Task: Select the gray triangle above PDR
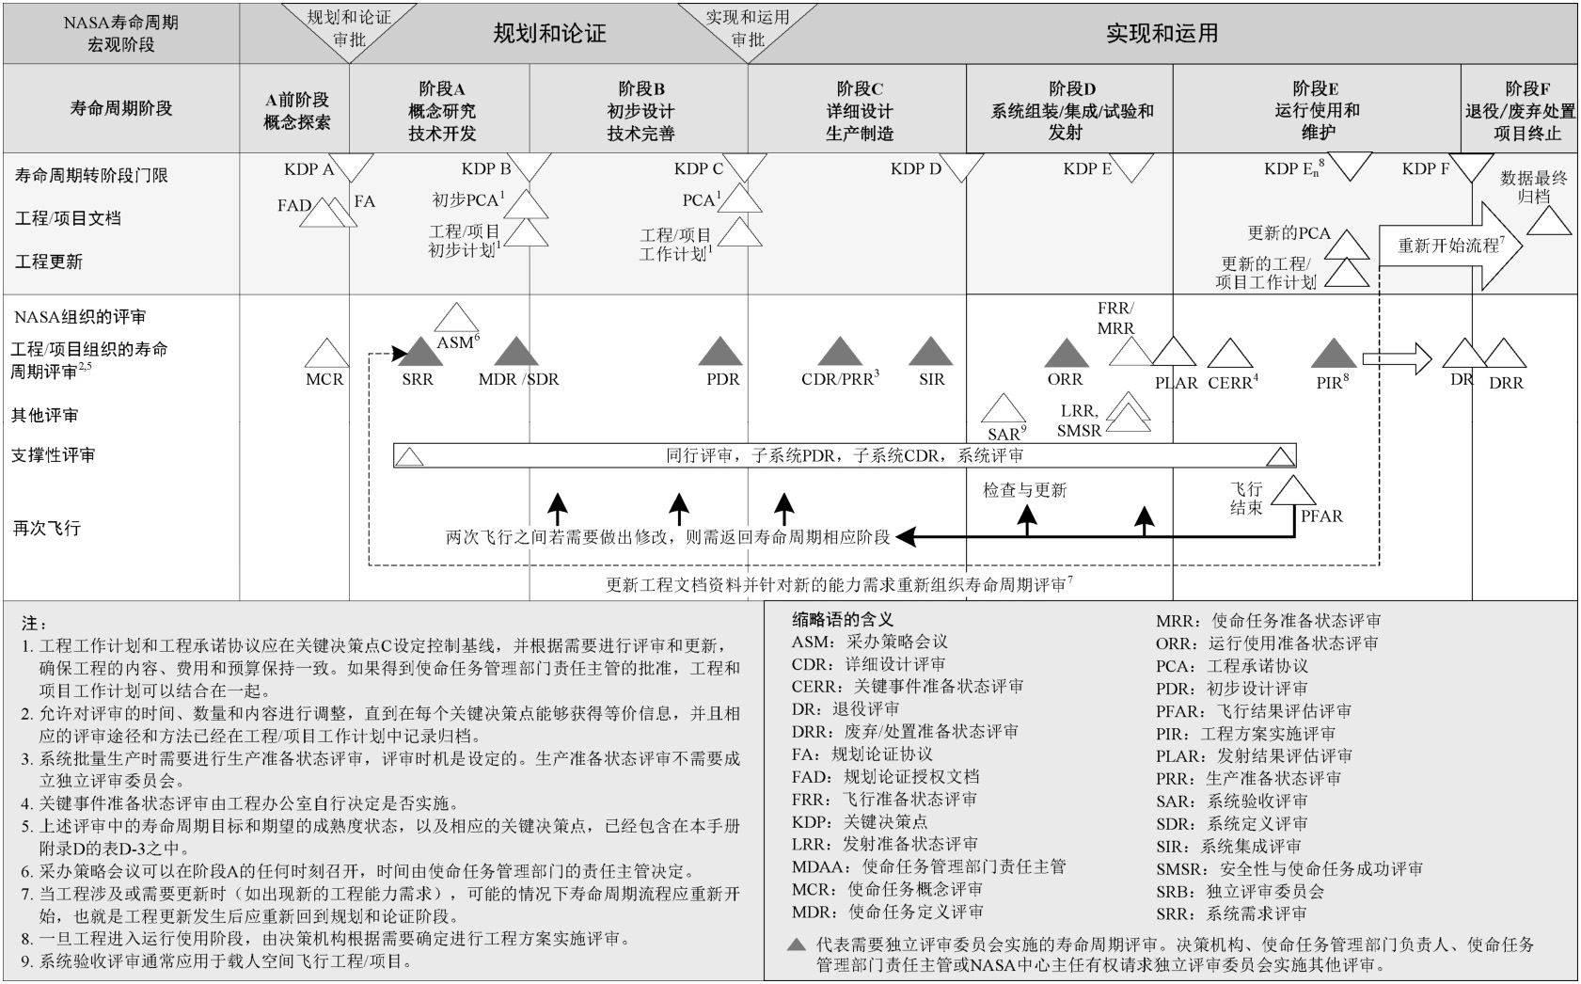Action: pyautogui.click(x=720, y=353)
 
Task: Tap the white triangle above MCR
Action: pyautogui.click(x=325, y=355)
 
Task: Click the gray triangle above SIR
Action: pyautogui.click(x=931, y=353)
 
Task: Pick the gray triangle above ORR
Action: pyautogui.click(x=1067, y=354)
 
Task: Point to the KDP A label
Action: pyautogui.click(x=308, y=169)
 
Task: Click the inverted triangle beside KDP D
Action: pyautogui.click(x=964, y=170)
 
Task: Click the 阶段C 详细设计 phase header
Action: pyautogui.click(x=859, y=110)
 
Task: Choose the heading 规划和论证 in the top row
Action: pyautogui.click(x=549, y=34)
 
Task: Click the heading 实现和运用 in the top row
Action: pyautogui.click(x=1162, y=34)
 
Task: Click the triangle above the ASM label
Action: pyautogui.click(x=457, y=318)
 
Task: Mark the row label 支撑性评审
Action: pyautogui.click(x=54, y=455)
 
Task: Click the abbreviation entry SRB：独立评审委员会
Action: pyautogui.click(x=1240, y=891)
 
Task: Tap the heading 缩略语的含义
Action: pyautogui.click(x=842, y=619)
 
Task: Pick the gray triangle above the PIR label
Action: pyautogui.click(x=1334, y=354)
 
